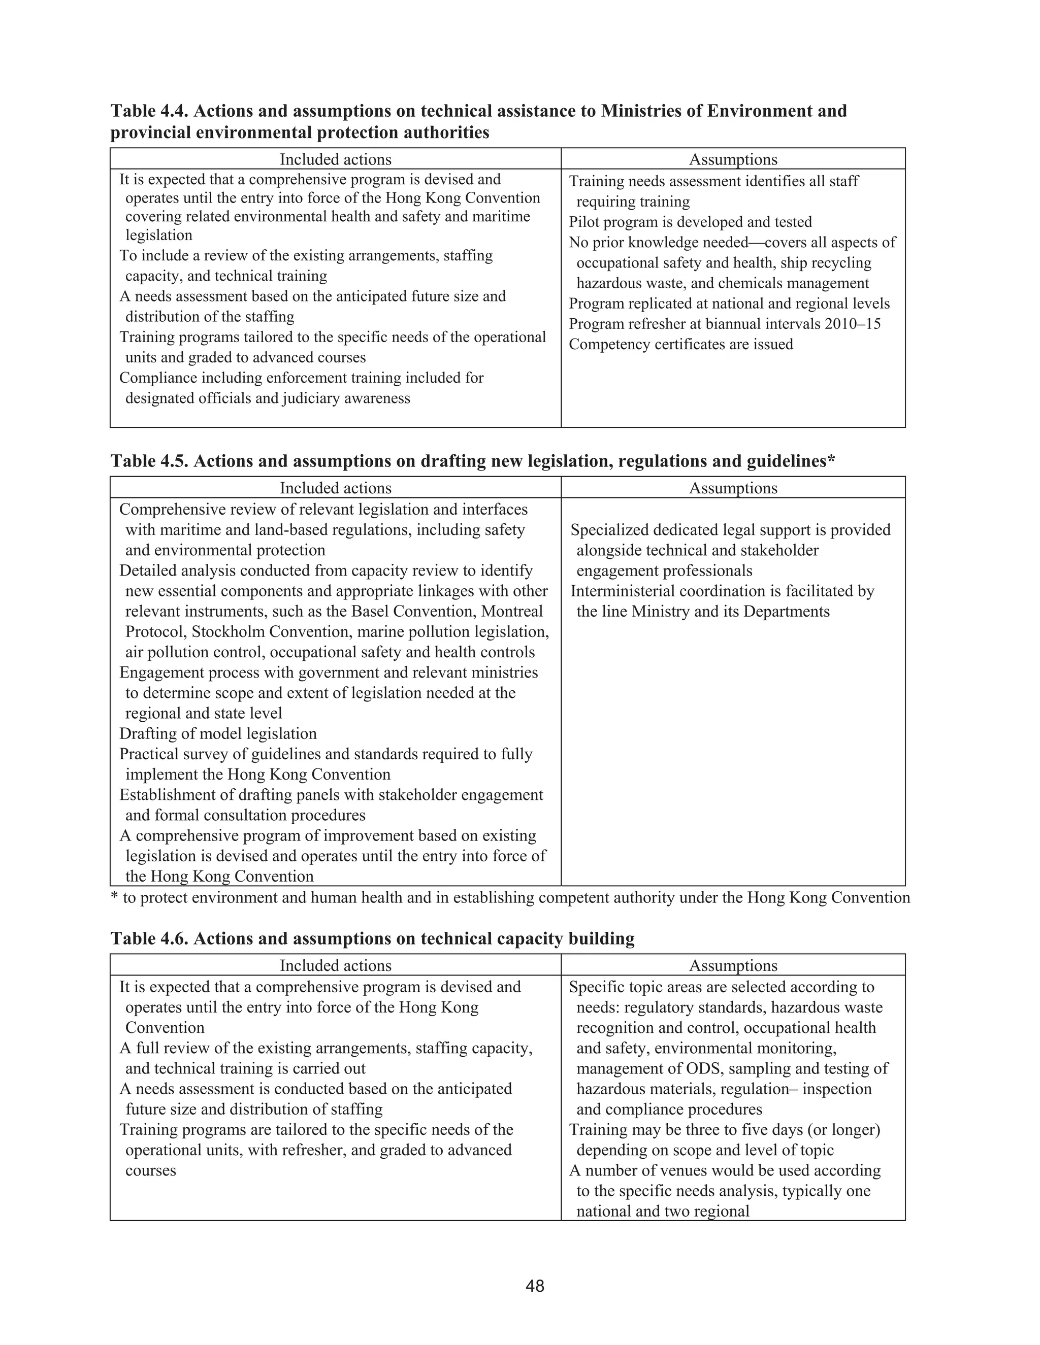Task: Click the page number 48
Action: (535, 1286)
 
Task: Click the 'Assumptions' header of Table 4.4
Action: (733, 159)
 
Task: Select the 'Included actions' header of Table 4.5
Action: (335, 488)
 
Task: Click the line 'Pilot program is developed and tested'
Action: (690, 222)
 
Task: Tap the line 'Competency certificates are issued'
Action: (680, 344)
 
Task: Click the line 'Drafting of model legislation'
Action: (218, 733)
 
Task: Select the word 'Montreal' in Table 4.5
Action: (514, 611)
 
